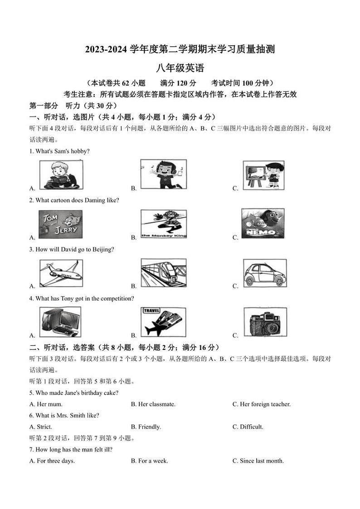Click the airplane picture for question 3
point(61,273)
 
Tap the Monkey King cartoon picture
point(163,224)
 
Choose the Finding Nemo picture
point(263,223)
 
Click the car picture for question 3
point(264,273)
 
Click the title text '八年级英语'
point(180,68)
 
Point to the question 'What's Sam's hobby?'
point(59,151)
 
